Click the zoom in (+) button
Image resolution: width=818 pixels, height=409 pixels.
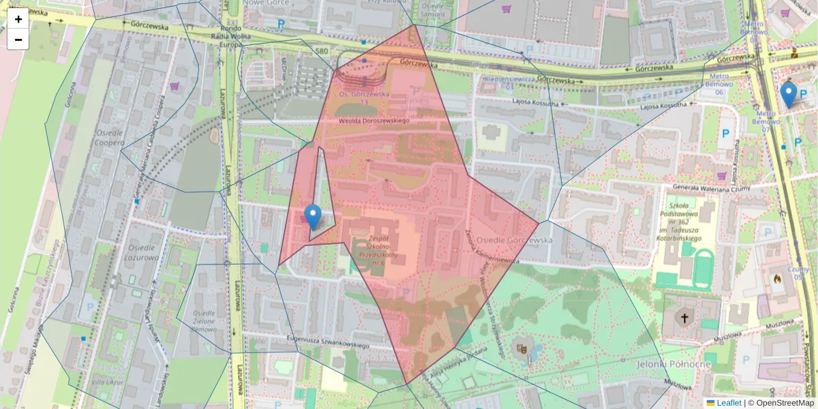(18, 19)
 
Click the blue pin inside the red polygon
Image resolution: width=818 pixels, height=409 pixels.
(313, 216)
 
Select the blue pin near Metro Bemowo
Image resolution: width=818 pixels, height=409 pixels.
(789, 95)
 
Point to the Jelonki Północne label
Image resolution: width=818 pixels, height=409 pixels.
(673, 364)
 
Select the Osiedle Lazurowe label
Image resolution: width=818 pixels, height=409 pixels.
(141, 253)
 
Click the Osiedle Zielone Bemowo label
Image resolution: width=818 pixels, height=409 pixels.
(204, 321)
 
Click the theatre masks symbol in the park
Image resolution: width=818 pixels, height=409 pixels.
(523, 348)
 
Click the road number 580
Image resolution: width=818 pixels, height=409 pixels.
(322, 51)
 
